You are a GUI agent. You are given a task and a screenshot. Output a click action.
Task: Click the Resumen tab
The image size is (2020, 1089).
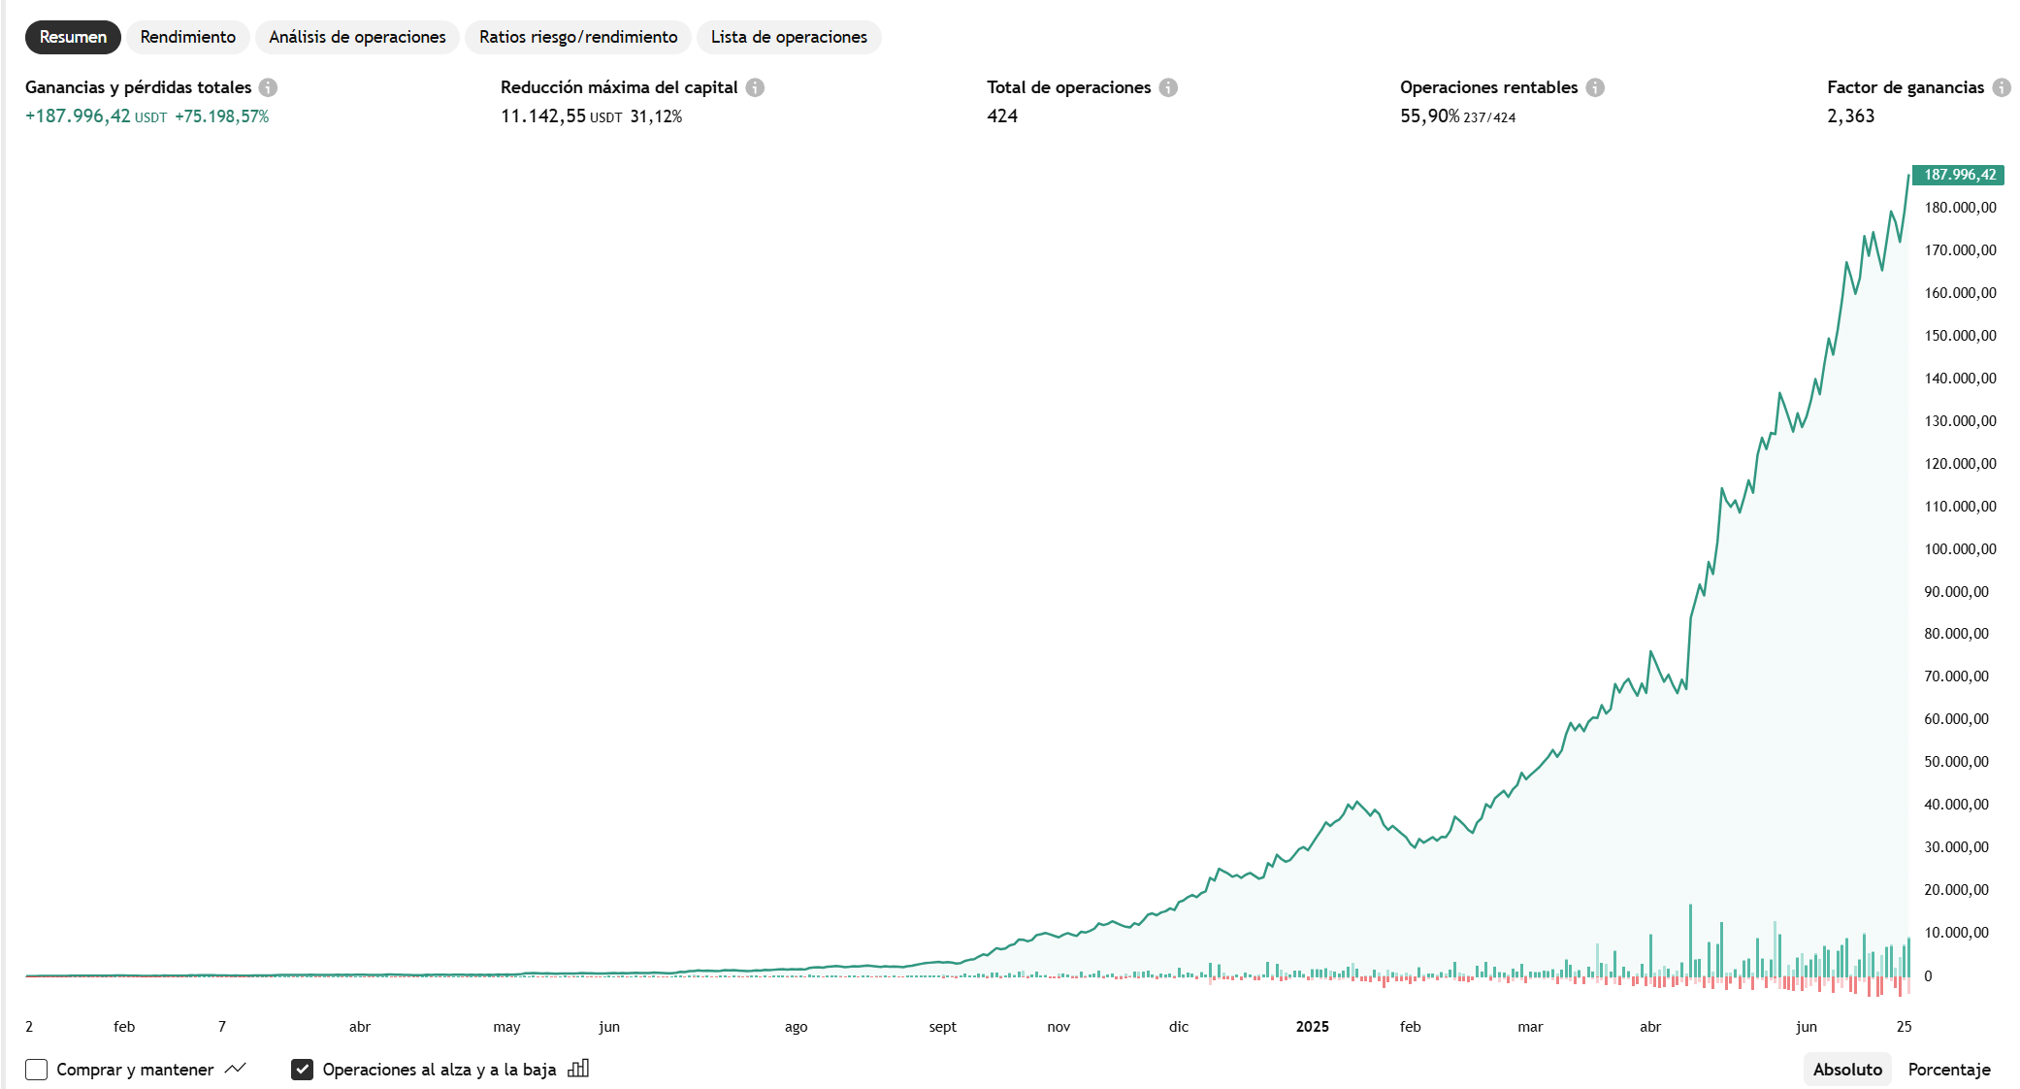click(73, 37)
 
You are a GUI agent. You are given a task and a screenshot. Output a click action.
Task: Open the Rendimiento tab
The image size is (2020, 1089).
click(187, 37)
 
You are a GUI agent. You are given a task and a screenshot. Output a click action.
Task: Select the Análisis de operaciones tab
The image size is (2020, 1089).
click(357, 37)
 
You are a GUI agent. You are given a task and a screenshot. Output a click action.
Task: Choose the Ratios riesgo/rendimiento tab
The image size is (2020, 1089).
click(578, 37)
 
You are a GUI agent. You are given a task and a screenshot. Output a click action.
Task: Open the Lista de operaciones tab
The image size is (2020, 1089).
click(789, 37)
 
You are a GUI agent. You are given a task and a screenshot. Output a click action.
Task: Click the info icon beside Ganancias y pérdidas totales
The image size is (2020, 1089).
click(269, 87)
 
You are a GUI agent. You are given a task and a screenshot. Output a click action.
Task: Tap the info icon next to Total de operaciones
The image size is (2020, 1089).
click(1168, 87)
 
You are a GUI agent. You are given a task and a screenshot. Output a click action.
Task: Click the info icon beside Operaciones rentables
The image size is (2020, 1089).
click(1595, 87)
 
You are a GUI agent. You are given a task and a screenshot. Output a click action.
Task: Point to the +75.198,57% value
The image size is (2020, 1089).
click(221, 116)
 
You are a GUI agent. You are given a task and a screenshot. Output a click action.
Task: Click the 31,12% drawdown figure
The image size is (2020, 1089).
click(656, 116)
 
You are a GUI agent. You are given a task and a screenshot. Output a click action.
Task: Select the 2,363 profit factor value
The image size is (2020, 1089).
click(1850, 116)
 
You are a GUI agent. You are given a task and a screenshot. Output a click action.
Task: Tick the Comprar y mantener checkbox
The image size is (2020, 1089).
click(37, 1070)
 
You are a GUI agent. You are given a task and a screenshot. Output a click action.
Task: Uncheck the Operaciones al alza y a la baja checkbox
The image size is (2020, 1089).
click(302, 1070)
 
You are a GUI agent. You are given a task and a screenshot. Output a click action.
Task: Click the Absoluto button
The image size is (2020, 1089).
click(1847, 1070)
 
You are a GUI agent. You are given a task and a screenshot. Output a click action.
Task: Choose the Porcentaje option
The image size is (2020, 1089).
click(1948, 1070)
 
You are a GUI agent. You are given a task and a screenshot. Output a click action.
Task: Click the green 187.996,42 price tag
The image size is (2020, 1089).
click(1959, 175)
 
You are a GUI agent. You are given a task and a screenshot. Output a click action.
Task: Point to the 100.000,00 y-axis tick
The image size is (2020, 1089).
click(1960, 549)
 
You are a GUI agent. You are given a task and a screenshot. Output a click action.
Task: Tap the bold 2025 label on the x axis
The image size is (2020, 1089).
click(1312, 1027)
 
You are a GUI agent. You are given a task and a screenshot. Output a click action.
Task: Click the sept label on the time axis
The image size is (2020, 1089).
click(942, 1027)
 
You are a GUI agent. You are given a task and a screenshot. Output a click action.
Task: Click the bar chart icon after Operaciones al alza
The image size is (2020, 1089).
click(578, 1069)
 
